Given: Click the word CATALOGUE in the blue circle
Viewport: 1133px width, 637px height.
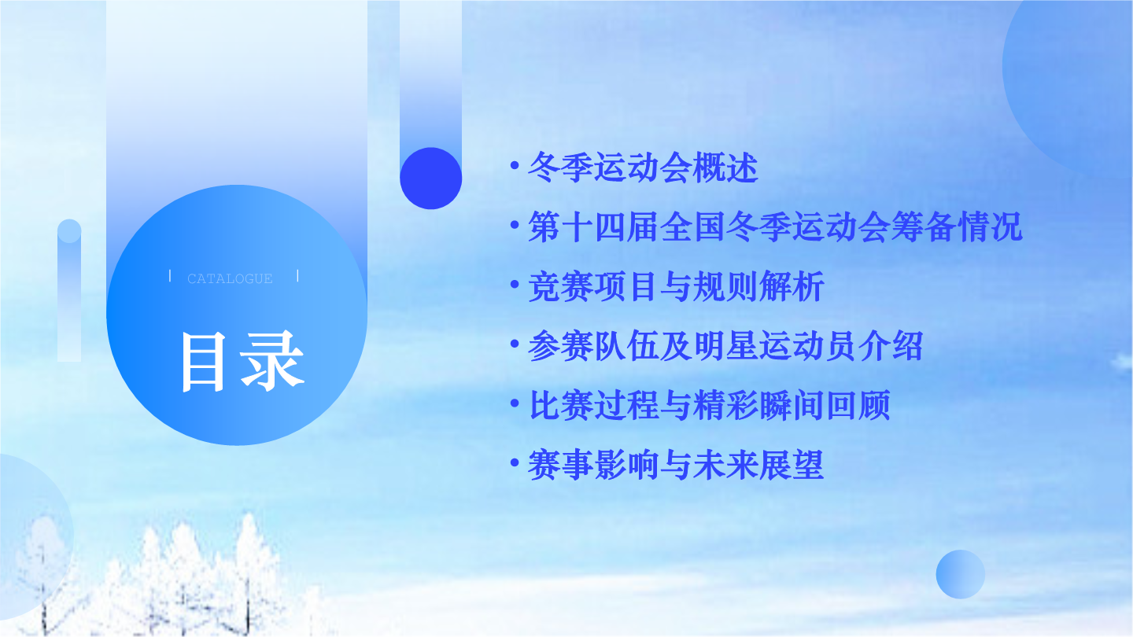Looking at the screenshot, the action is pos(230,278).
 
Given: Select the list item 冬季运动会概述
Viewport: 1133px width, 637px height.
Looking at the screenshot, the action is pos(643,168).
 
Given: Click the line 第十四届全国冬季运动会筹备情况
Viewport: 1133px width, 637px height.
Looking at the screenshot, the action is pos(775,227).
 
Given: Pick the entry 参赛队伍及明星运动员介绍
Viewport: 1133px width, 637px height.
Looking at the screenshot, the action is pos(725,346).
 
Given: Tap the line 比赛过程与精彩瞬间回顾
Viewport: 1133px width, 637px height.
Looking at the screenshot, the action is pos(709,406).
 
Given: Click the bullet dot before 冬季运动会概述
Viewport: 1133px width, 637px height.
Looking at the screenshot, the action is pos(515,165).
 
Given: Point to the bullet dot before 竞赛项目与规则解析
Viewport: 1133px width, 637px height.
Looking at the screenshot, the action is pos(515,285).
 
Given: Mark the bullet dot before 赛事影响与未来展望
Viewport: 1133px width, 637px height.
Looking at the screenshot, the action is pos(515,462).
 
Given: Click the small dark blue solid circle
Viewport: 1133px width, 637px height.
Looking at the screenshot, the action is pos(431,178).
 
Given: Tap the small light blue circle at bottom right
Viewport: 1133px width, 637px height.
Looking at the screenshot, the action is pos(961,574).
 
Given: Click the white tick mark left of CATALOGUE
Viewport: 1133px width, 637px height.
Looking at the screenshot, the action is pos(170,276).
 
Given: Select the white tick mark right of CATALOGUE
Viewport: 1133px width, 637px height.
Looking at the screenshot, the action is pos(297,276).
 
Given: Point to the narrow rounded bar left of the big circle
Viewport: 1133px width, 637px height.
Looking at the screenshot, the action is pos(69,290).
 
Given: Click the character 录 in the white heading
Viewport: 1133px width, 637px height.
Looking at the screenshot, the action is pos(272,362).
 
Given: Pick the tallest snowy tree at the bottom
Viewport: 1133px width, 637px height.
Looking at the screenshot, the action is pos(249,571).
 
